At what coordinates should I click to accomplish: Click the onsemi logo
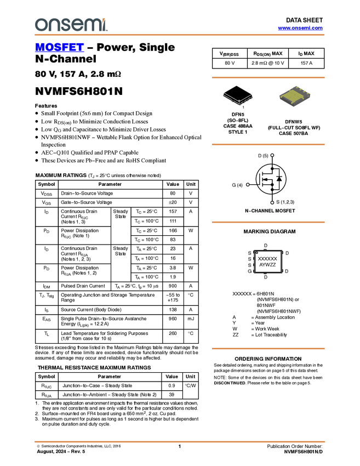pyautogui.click(x=71, y=25)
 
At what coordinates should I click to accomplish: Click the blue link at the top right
pyautogui.click(x=300, y=28)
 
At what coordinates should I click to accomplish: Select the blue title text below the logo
pyautogui.click(x=59, y=48)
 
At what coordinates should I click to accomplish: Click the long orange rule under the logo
pyautogui.click(x=179, y=35)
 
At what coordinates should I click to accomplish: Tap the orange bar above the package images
pyautogui.click(x=268, y=77)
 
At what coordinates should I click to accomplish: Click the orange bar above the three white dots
pyautogui.click(x=268, y=145)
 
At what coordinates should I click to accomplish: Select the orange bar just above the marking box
pyautogui.click(x=268, y=222)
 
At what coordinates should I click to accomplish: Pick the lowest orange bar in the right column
pyautogui.click(x=268, y=349)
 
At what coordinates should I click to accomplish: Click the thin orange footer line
pyautogui.click(x=179, y=441)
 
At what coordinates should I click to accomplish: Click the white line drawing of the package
pyautogui.click(x=239, y=98)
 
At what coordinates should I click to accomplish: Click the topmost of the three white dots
pyautogui.click(x=272, y=155)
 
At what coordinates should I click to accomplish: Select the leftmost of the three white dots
pyautogui.click(x=248, y=185)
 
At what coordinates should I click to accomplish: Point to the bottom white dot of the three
pyautogui.click(x=272, y=203)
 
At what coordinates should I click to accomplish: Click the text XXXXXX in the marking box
pyautogui.click(x=267, y=258)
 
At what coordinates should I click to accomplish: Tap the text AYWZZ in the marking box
pyautogui.click(x=267, y=265)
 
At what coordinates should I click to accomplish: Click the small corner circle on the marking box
pyautogui.click(x=256, y=252)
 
